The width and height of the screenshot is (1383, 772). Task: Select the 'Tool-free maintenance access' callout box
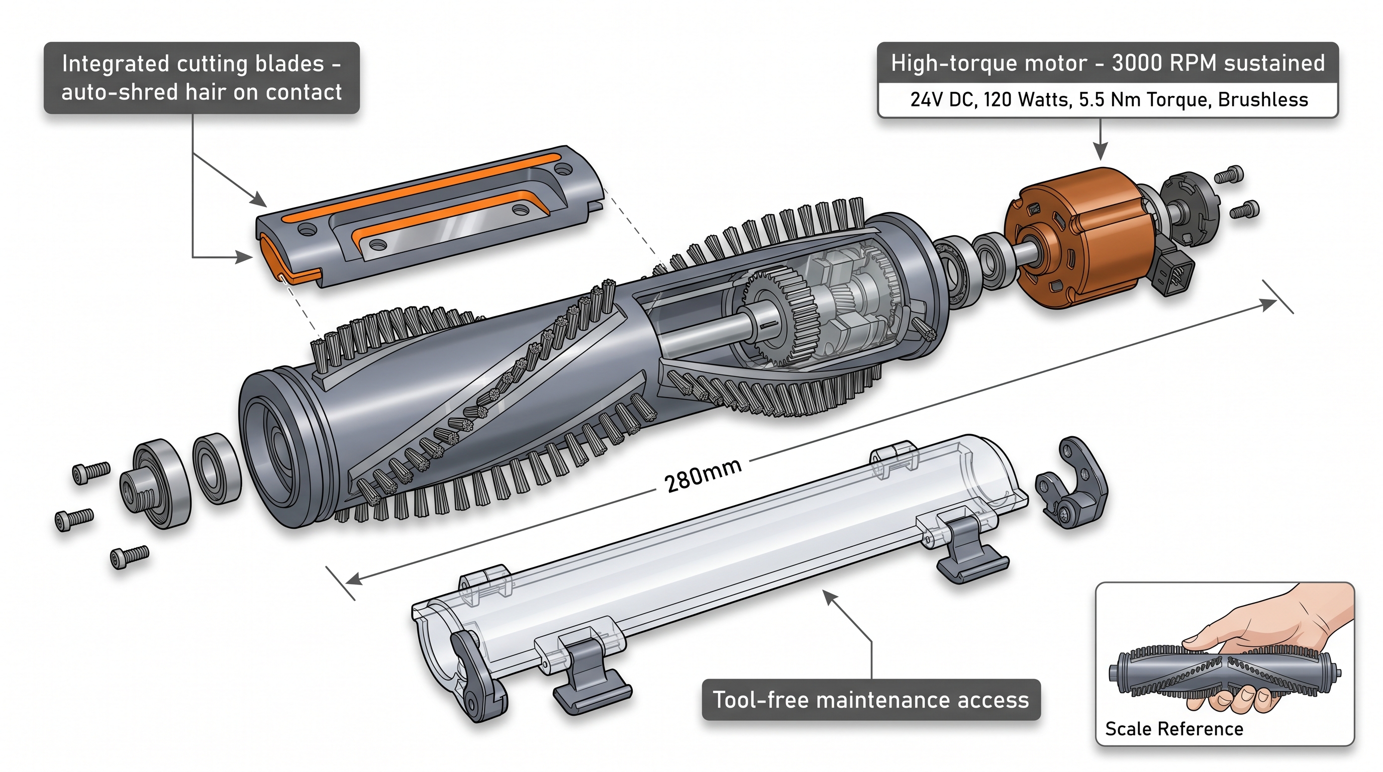pyautogui.click(x=871, y=700)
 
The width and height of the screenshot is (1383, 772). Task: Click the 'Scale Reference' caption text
pyautogui.click(x=1173, y=728)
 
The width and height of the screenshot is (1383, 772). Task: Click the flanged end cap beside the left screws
pyautogui.click(x=153, y=483)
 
